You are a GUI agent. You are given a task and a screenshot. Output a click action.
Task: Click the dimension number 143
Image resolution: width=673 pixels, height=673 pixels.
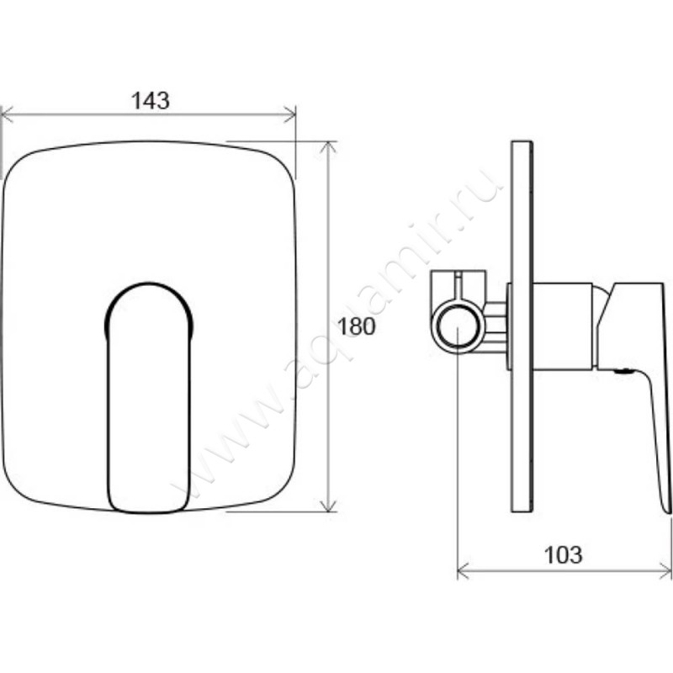(x=151, y=101)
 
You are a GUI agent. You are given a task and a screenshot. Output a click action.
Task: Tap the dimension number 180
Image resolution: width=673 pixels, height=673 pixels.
(x=356, y=326)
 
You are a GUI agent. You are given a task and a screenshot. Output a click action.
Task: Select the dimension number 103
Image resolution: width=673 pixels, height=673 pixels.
(x=563, y=554)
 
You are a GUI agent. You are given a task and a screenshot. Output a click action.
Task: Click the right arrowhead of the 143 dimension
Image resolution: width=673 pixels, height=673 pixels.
(x=289, y=114)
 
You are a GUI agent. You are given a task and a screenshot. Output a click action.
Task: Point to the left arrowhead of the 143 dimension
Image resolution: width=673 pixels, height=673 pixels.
(x=8, y=114)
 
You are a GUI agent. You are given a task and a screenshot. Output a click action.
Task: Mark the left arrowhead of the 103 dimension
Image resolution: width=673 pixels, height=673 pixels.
(x=464, y=572)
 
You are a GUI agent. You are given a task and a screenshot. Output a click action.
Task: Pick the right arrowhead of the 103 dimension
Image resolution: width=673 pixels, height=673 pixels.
(x=665, y=572)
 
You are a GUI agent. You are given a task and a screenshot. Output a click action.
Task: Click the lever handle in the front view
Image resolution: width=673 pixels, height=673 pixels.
(x=149, y=397)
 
